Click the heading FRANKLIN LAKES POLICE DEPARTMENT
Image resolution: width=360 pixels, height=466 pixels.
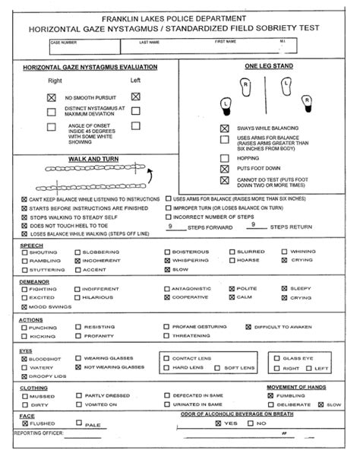pyautogui.click(x=179, y=17)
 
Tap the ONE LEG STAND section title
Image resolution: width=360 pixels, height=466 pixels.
pyautogui.click(x=268, y=67)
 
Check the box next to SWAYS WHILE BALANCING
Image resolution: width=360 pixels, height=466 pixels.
pyautogui.click(x=224, y=128)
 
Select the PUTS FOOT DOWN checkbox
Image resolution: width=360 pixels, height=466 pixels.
pyautogui.click(x=224, y=167)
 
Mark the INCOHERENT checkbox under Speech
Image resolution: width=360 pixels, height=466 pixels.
pyautogui.click(x=76, y=260)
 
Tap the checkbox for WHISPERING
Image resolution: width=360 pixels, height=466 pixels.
pyautogui.click(x=167, y=260)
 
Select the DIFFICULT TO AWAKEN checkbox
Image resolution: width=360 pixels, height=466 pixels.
pyautogui.click(x=247, y=326)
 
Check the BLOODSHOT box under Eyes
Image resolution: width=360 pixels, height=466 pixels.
pyautogui.click(x=24, y=357)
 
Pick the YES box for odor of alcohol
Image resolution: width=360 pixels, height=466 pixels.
pyautogui.click(x=218, y=423)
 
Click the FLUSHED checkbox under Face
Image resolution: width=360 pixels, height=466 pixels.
pyautogui.click(x=24, y=423)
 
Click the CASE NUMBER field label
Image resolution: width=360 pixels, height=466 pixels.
pyautogui.click(x=65, y=41)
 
